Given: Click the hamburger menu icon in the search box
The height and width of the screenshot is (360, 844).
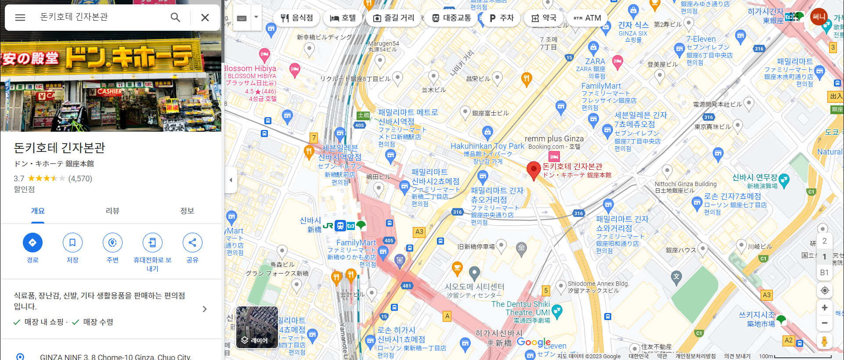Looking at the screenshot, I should pos(20,18).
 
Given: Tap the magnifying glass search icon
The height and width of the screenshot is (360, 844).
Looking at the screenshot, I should pos(175,18).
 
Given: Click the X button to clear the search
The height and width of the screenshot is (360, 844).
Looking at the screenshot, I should pos(205,18).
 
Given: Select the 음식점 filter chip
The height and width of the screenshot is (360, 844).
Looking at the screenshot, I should pos(297,18).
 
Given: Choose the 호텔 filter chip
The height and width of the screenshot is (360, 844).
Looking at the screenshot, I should pos(343,18).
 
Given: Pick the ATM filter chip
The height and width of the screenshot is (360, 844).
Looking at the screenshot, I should pos(587,18).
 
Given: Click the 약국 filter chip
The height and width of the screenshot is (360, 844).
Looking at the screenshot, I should pos(544,18).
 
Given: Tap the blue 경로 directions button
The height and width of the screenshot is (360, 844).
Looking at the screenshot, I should pos(32,242).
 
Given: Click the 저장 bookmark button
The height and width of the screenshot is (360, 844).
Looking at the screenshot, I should pos(72,242).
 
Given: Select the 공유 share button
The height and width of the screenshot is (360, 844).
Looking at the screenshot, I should pos(192,242).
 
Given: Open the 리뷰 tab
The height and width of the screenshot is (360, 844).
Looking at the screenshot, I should pos(112,211).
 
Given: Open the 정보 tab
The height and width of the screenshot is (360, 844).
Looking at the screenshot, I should pos(187,211).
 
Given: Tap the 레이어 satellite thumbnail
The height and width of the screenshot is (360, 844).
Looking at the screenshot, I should pos(257,328).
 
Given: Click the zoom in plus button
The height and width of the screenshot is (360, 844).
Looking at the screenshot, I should pos(824,308).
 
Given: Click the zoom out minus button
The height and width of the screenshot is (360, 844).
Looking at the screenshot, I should pos(824,323).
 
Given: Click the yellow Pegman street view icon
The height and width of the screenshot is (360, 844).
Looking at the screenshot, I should pos(824,341).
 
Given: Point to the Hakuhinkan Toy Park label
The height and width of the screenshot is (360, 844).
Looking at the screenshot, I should pos(487,146).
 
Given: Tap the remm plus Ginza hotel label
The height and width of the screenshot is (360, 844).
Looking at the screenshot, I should pos(554,139).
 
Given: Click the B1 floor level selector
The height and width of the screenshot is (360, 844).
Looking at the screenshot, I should pos(824,273).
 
